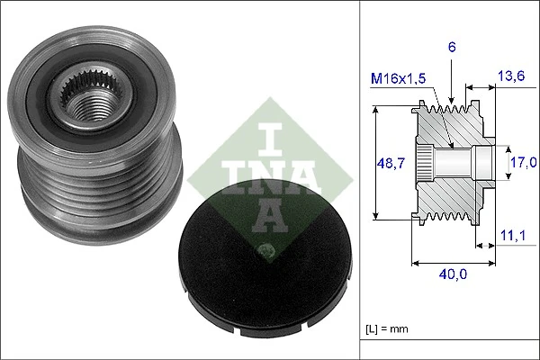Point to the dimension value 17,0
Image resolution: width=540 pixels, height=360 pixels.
point(521,163)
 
